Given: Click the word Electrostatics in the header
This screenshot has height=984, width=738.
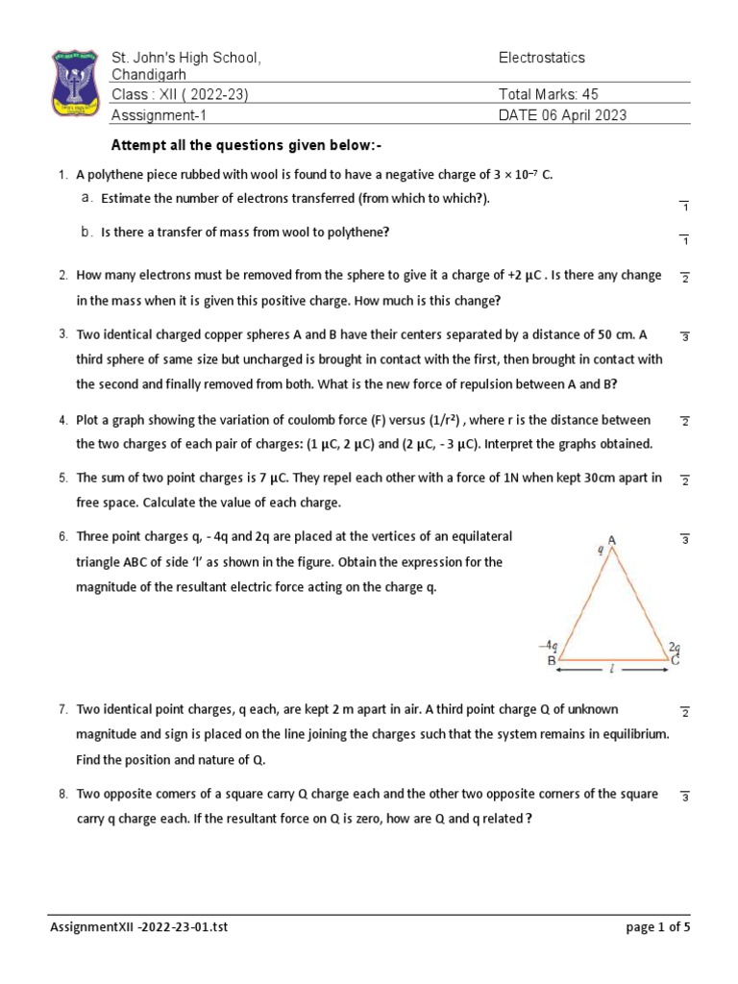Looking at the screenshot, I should [x=541, y=59].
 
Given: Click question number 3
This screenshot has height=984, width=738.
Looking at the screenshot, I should [x=62, y=334].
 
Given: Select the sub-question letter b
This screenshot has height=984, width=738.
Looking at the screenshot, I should [x=86, y=233].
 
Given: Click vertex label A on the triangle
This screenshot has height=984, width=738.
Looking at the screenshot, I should [x=611, y=541].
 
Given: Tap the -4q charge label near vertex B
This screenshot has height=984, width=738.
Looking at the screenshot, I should [x=548, y=647].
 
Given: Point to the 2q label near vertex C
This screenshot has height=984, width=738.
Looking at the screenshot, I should [x=676, y=648].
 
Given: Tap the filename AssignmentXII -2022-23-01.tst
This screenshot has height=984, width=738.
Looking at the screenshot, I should [x=139, y=927].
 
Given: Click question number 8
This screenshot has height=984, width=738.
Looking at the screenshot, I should [x=62, y=795].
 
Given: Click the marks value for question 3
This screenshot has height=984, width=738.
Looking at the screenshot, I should [x=685, y=337].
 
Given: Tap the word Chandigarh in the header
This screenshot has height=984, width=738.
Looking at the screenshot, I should [x=150, y=75].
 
